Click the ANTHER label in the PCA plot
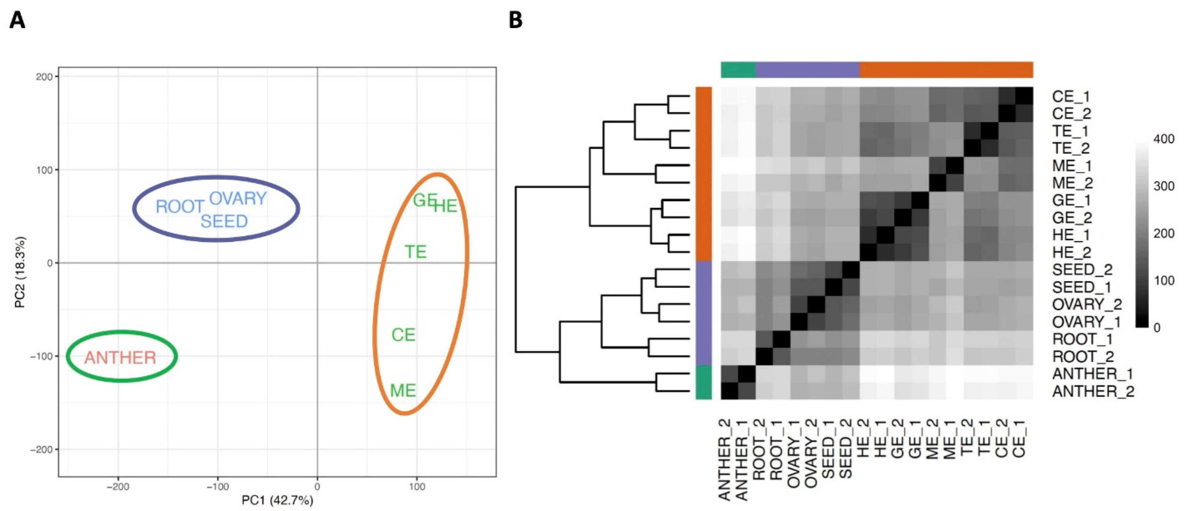click(x=120, y=358)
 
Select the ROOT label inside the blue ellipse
click(x=180, y=207)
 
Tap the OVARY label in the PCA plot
click(x=238, y=199)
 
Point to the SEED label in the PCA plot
click(x=224, y=222)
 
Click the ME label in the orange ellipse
click(x=403, y=391)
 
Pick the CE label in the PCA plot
click(x=403, y=335)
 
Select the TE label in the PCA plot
click(x=415, y=252)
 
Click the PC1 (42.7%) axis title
click(x=277, y=500)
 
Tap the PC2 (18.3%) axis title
click(x=20, y=272)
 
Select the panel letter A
click(x=17, y=21)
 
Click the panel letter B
click(x=516, y=21)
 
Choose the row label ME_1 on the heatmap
click(x=1071, y=166)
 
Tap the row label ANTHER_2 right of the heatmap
click(x=1093, y=392)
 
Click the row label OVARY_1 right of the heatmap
click(x=1087, y=322)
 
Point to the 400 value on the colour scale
click(x=1164, y=139)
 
